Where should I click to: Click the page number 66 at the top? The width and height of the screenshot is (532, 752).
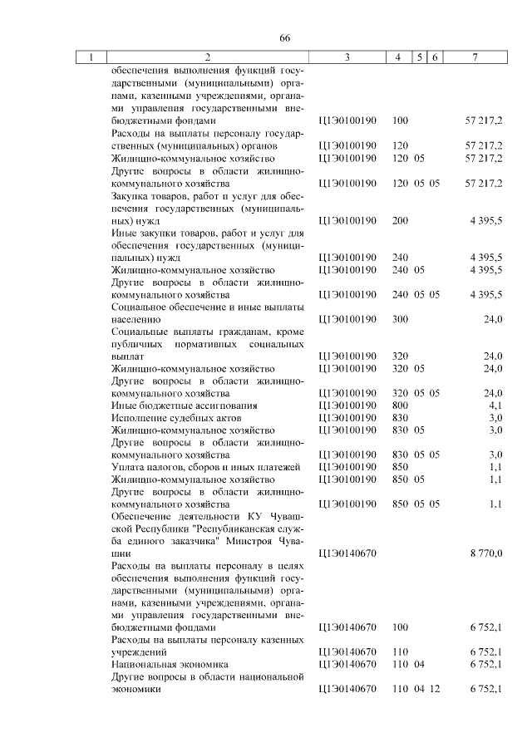[284, 38]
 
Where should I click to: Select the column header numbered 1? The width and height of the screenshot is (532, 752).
[91, 57]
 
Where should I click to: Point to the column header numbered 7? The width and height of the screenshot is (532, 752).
[474, 57]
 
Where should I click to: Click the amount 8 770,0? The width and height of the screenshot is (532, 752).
[485, 552]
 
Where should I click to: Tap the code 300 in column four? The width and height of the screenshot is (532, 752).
[400, 320]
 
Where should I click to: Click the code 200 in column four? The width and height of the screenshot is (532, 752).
[400, 222]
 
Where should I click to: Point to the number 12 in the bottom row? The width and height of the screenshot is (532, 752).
[434, 689]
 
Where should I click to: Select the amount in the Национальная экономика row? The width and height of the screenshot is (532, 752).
[485, 664]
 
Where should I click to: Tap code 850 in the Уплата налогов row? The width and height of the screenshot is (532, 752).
[400, 467]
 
